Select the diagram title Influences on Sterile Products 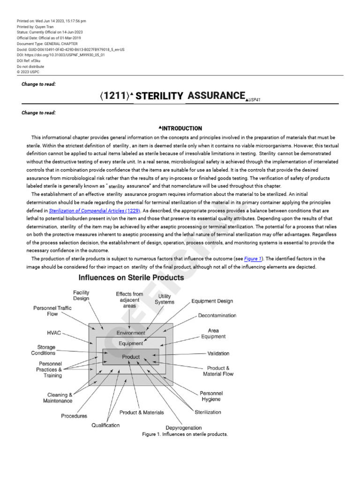coord(131,277)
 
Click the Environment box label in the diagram coord(131,333)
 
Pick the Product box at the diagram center coord(131,357)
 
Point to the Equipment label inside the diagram coord(131,344)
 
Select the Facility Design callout coord(81,295)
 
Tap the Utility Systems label coord(165,299)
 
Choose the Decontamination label coord(217,316)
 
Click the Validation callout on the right coord(218,353)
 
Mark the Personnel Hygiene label coord(211,396)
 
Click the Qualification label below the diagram coord(105,425)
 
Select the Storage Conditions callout coord(43,350)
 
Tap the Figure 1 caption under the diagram coord(185,435)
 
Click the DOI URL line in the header coord(60,55)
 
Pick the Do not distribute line coord(30,66)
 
